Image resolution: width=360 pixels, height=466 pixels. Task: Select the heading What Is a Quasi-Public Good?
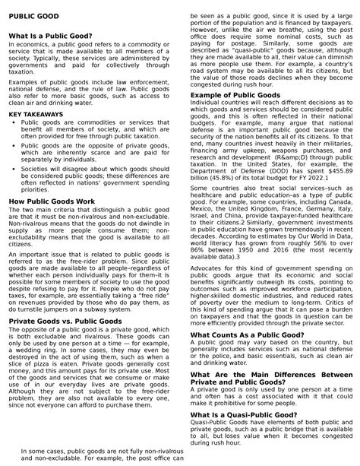pyautogui.click(x=243, y=415)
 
